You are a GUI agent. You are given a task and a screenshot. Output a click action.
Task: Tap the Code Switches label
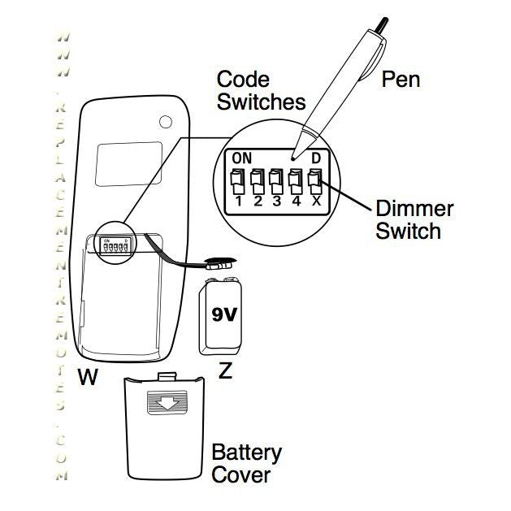261,91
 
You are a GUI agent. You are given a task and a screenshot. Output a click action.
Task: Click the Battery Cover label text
246,463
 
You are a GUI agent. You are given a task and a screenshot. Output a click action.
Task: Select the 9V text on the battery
222,314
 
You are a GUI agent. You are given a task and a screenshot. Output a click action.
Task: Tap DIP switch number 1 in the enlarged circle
237,179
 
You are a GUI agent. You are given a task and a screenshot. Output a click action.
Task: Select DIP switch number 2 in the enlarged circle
258,179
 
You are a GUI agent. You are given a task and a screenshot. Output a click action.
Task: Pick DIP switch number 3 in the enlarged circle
277,179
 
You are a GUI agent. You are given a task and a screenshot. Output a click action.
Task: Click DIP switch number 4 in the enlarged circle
297,179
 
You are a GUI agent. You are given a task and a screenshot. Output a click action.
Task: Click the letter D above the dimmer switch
316,157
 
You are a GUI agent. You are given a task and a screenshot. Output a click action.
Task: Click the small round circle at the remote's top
166,123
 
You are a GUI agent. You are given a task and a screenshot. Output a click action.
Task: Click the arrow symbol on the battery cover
165,404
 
